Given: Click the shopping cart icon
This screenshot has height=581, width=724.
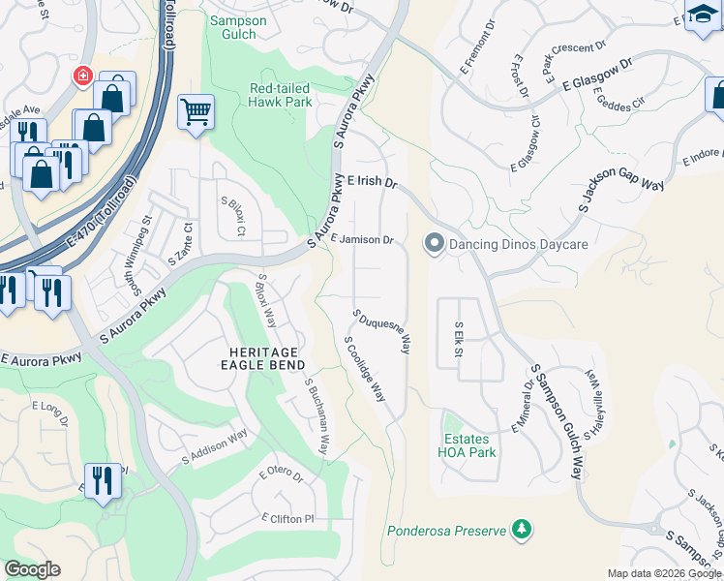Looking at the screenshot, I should tap(196, 111).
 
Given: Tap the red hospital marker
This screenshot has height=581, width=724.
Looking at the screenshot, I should tap(84, 75).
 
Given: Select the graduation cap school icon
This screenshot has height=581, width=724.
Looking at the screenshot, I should tap(701, 15).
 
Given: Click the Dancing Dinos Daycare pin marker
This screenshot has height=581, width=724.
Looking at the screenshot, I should tap(434, 244).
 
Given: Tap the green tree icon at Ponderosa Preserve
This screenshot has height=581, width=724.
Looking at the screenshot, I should tap(522, 529).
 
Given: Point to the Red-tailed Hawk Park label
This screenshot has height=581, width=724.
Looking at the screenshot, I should tap(281, 94).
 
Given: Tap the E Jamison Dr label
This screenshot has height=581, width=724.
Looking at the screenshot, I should tap(361, 239).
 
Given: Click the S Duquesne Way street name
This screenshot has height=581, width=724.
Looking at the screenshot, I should tap(382, 332).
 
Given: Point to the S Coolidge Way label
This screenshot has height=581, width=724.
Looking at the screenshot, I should tap(365, 369).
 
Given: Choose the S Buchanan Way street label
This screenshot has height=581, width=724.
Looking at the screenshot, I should tap(317, 417).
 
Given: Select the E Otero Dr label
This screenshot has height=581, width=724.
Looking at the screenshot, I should tap(281, 475).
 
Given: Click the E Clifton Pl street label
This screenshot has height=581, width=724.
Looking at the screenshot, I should tap(288, 519).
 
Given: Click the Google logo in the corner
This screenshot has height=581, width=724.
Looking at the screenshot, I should tap(33, 569).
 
